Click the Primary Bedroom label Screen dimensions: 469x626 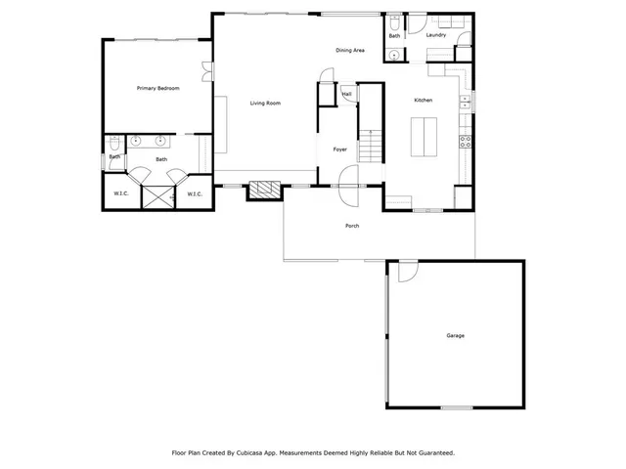(x=157, y=88)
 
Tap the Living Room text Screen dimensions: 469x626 (x=265, y=103)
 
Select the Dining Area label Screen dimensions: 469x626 (x=350, y=50)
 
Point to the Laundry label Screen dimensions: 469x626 (x=436, y=35)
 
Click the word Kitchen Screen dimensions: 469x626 (x=423, y=100)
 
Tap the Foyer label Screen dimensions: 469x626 (x=339, y=149)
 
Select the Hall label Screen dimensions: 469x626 (x=346, y=95)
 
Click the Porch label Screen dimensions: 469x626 (x=352, y=226)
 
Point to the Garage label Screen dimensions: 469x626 (x=455, y=336)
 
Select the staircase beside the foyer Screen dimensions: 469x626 (x=371, y=147)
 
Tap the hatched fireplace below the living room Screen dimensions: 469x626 (x=263, y=191)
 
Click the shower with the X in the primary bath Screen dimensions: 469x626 (x=156, y=196)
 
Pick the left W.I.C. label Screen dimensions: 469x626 (x=121, y=193)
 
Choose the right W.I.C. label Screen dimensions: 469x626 (x=194, y=193)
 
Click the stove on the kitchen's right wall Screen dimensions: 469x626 (x=466, y=141)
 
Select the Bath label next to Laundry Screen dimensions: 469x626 (x=394, y=36)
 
